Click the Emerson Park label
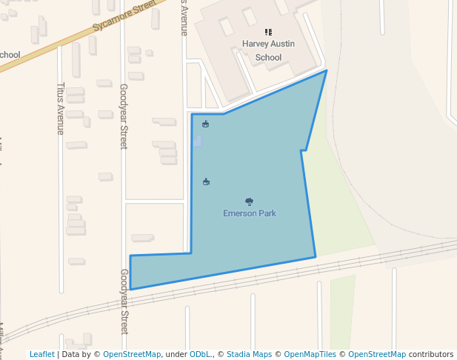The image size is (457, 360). (x=250, y=213)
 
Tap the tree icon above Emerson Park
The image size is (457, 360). (x=249, y=201)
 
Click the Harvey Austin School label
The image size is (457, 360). (x=268, y=50)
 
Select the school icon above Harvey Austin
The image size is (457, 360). (x=268, y=33)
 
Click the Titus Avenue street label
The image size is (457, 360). (x=61, y=108)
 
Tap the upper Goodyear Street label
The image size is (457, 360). (x=124, y=116)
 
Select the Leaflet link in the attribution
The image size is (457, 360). (x=41, y=354)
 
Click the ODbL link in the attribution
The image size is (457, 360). (x=201, y=354)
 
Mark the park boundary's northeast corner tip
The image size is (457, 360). (x=327, y=71)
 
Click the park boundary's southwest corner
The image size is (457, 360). (x=130, y=289)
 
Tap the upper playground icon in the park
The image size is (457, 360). (x=205, y=124)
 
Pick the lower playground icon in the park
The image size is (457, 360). (x=206, y=181)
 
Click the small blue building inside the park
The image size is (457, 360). (x=197, y=141)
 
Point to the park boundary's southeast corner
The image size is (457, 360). (x=316, y=257)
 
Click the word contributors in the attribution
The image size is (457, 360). (x=430, y=354)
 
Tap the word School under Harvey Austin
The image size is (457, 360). (x=268, y=57)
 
